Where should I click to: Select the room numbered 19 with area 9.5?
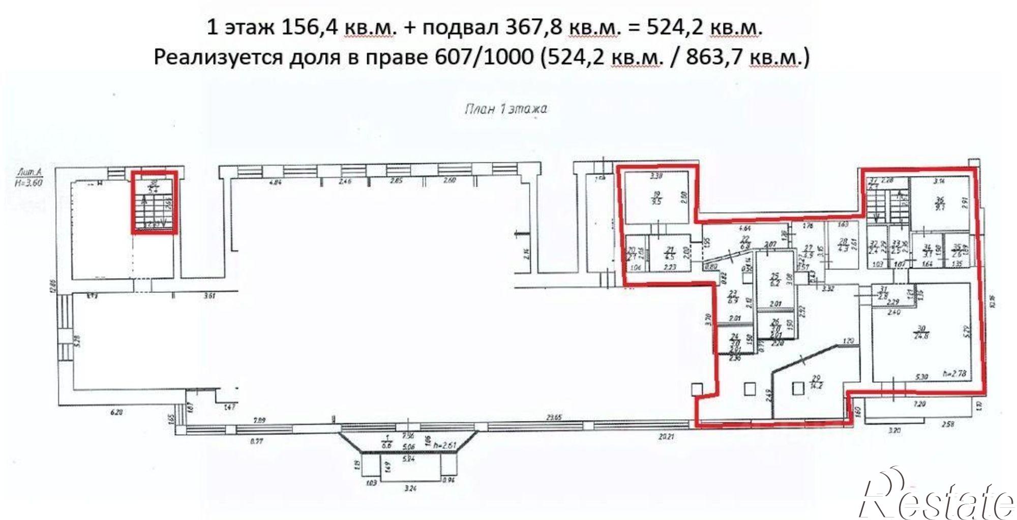coord(656,198)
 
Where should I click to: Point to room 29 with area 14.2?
coord(817,380)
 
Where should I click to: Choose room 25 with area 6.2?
coord(775,280)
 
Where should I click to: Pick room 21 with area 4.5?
coord(670,253)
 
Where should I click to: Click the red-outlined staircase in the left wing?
coord(155,202)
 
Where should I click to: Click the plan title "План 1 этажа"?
coord(505,109)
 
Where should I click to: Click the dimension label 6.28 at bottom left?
coord(116,413)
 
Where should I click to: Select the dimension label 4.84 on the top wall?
coord(275,181)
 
